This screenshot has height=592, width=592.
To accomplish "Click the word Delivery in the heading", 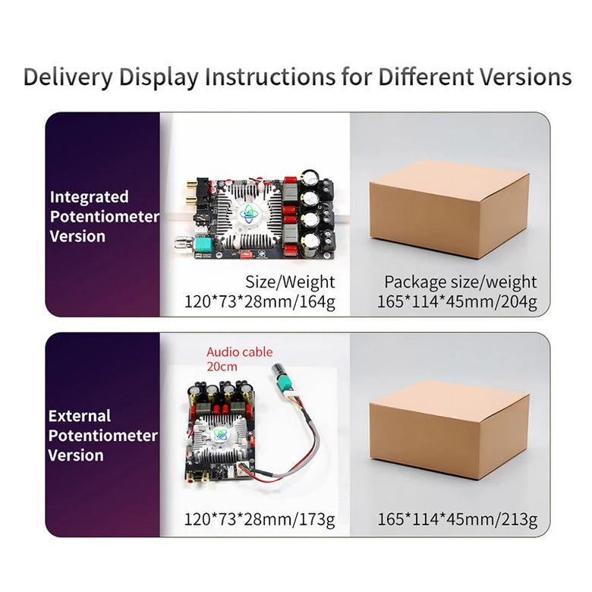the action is point(68,77).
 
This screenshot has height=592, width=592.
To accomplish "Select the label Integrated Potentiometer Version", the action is point(104,216).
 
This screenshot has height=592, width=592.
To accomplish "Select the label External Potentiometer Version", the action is point(102,436).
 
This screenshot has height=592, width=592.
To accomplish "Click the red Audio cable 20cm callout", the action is point(239,359).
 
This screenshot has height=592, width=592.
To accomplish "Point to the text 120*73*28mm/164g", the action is point(260,301).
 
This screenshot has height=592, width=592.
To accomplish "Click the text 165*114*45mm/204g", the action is point(457,301).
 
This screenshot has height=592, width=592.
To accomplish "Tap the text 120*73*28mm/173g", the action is point(260,519).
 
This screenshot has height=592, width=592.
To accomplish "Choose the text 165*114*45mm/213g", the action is point(457,519).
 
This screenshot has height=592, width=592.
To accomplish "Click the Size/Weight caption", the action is point(290,282).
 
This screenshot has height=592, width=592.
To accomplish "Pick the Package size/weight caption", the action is point(460,282).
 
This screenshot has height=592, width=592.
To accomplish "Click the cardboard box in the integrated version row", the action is point(449,209).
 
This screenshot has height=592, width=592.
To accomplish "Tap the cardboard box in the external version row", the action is point(449,430).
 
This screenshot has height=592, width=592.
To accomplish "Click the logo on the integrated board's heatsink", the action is point(249,214).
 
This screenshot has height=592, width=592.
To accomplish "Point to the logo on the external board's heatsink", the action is point(220,434).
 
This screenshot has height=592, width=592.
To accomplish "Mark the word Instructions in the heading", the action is point(270,77).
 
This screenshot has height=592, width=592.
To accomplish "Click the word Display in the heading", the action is point(159,77).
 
